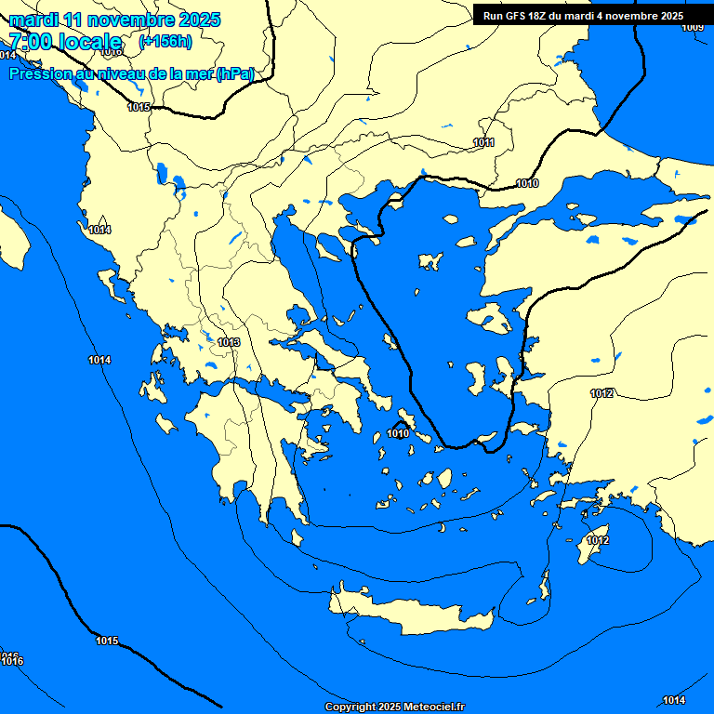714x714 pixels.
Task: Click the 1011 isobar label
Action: click(483, 142)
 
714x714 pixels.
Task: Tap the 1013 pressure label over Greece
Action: click(229, 343)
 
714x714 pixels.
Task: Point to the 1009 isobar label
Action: click(693, 27)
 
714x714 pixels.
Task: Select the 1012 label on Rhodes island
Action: click(598, 541)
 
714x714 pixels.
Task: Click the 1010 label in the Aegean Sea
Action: click(399, 433)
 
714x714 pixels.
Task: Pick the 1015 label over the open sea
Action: click(107, 641)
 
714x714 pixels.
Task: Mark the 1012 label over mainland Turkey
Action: click(602, 394)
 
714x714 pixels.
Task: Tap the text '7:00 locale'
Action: click(65, 42)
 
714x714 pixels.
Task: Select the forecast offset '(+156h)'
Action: click(165, 42)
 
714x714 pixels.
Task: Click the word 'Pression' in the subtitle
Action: click(40, 74)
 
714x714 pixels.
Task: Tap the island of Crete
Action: click(409, 615)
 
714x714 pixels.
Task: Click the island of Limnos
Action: click(430, 261)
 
